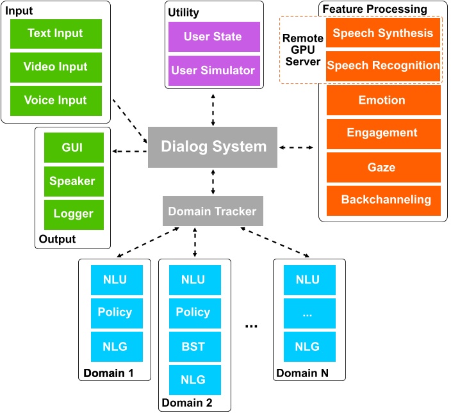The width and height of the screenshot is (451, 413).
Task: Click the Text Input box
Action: click(56, 33)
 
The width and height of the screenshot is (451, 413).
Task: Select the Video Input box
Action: click(56, 67)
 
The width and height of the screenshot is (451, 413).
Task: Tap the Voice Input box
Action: click(56, 101)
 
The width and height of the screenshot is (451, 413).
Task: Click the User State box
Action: click(213, 37)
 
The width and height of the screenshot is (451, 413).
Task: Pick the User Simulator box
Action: click(213, 70)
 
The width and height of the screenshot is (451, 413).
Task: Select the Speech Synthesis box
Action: click(382, 33)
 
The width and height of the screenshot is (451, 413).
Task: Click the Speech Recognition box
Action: click(382, 65)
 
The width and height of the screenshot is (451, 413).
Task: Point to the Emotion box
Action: click(382, 101)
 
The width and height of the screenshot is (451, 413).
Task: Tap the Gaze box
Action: click(382, 168)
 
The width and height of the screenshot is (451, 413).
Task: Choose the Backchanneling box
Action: click(382, 200)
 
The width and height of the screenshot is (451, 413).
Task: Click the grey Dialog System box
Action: click(213, 147)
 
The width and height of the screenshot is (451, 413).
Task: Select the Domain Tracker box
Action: click(213, 211)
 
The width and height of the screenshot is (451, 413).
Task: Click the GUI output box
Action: click(72, 147)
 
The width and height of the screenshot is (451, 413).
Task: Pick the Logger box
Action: click(72, 214)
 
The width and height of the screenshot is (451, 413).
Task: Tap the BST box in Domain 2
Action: click(193, 347)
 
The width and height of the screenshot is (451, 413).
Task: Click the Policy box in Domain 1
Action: click(115, 313)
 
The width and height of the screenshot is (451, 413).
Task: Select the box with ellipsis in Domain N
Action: click(307, 313)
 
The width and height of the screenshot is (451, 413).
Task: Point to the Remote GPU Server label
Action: click(302, 49)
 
